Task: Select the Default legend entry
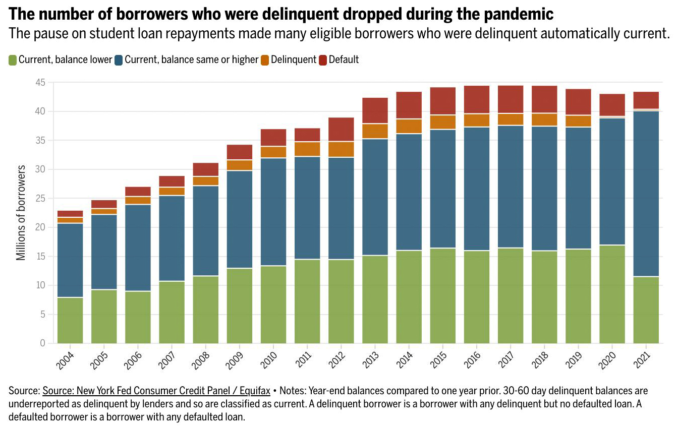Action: [x=344, y=59]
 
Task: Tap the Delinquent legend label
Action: [x=294, y=59]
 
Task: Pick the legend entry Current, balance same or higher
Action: [x=191, y=59]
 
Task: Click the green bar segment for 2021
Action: [x=646, y=310]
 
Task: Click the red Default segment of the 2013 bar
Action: [x=375, y=110]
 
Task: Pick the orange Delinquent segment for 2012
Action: [x=342, y=149]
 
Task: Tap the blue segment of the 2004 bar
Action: [x=70, y=260]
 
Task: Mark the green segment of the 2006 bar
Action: [x=138, y=317]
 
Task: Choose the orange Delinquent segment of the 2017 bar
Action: [x=511, y=119]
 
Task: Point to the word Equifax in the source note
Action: [x=253, y=391]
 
